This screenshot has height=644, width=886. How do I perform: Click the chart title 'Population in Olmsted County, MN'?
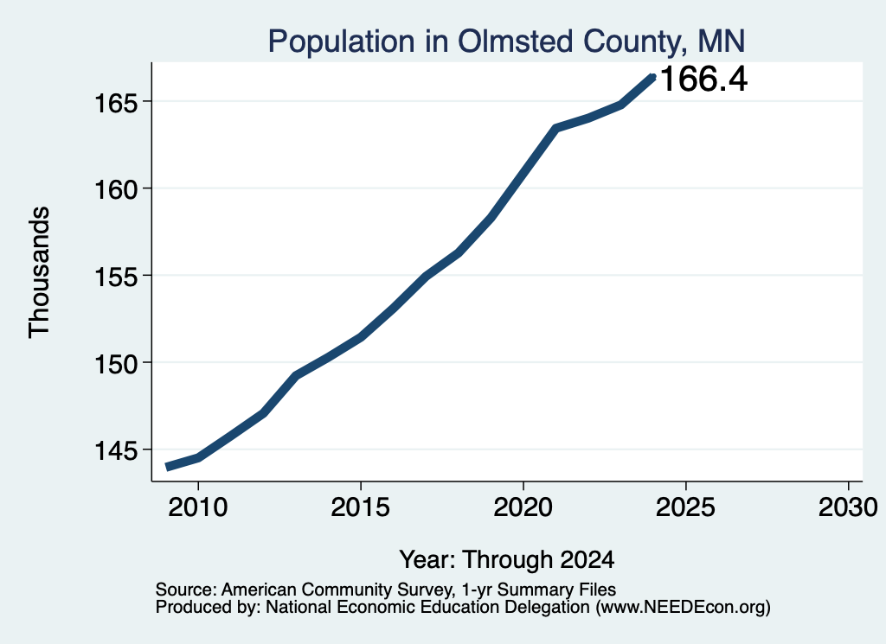(x=506, y=41)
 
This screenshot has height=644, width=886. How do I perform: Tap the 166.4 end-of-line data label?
(x=703, y=79)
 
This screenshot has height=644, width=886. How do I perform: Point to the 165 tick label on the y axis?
(x=116, y=103)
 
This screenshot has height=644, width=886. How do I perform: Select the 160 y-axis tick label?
(x=116, y=190)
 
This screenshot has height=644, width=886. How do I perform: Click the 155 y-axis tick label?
(x=116, y=277)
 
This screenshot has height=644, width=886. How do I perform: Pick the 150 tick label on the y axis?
(x=116, y=364)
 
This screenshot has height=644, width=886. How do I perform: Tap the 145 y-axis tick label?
(x=116, y=451)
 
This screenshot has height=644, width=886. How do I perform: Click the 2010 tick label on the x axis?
(x=198, y=507)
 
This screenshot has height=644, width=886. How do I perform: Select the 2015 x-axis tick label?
(x=361, y=507)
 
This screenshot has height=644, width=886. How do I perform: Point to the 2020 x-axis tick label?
(x=523, y=507)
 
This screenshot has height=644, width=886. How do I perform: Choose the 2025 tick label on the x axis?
(x=685, y=507)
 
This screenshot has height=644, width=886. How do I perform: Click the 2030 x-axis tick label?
(x=848, y=507)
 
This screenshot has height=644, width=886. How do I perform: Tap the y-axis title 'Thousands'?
(x=39, y=272)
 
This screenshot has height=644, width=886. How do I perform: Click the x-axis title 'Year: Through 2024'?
(x=507, y=559)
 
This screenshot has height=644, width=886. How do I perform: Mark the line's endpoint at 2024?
(x=652, y=77)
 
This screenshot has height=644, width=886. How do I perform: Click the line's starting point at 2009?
(x=168, y=467)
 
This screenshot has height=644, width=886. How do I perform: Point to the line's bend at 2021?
(x=555, y=129)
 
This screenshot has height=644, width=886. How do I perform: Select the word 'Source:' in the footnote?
(x=186, y=590)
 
